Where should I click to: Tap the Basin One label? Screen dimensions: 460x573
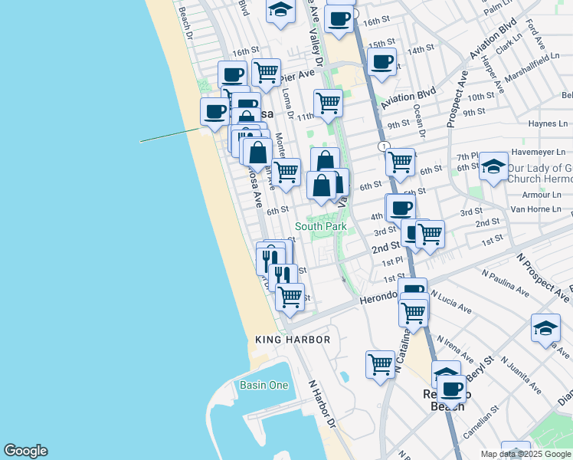(x=264, y=385)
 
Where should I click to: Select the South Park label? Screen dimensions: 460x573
(x=321, y=227)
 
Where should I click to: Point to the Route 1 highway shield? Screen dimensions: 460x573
(x=382, y=146)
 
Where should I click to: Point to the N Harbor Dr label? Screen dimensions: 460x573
(x=323, y=403)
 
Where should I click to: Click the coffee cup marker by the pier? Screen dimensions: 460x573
(x=214, y=112)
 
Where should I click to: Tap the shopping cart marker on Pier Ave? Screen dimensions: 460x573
(x=265, y=72)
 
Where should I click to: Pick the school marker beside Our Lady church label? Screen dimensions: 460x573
(x=494, y=166)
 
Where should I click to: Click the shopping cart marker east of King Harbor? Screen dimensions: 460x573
(x=380, y=364)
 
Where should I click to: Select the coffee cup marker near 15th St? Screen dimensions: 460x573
(x=381, y=62)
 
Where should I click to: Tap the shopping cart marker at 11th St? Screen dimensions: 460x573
(x=328, y=103)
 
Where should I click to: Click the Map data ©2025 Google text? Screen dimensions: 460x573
(x=526, y=454)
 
